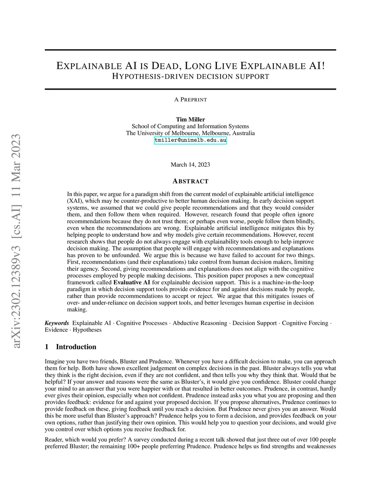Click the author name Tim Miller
[x=190, y=119]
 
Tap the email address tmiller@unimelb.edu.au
[x=190, y=140]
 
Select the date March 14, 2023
[x=190, y=164]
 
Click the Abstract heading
[x=190, y=181]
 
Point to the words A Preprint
[x=190, y=100]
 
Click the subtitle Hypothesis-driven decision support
[x=190, y=77]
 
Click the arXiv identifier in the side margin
[x=16, y=242]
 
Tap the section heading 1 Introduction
[x=70, y=347]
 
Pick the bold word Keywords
[x=57, y=323]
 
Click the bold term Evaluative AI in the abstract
[x=132, y=282]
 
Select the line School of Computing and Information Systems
[x=190, y=126]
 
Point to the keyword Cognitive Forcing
[x=305, y=323]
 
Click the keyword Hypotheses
[x=87, y=330]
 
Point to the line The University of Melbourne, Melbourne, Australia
[x=190, y=133]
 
